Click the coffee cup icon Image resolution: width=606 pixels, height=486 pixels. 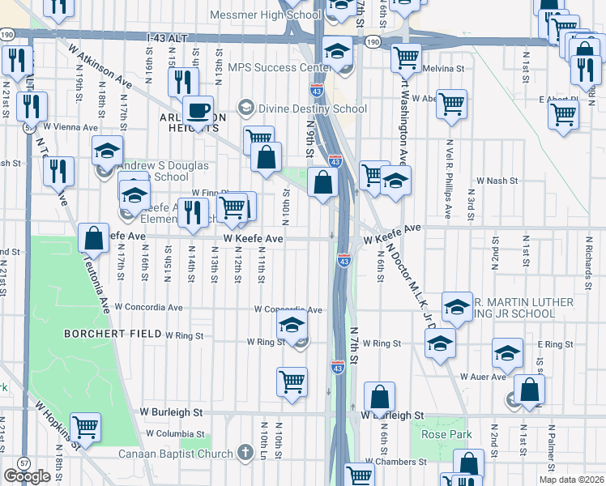(x=197, y=110)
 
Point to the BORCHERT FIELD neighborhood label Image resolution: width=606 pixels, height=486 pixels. (x=113, y=333)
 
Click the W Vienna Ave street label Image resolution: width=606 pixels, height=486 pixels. (x=70, y=126)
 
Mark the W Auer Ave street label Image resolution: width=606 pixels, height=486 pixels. (x=482, y=377)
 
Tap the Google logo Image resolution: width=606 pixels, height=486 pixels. (x=27, y=476)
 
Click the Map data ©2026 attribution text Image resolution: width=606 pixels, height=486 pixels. (x=570, y=480)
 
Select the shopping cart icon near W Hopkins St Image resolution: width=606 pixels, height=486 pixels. (x=85, y=426)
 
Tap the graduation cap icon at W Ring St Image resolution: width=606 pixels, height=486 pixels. (x=292, y=326)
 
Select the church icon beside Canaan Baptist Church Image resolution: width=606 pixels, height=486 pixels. (x=245, y=454)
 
